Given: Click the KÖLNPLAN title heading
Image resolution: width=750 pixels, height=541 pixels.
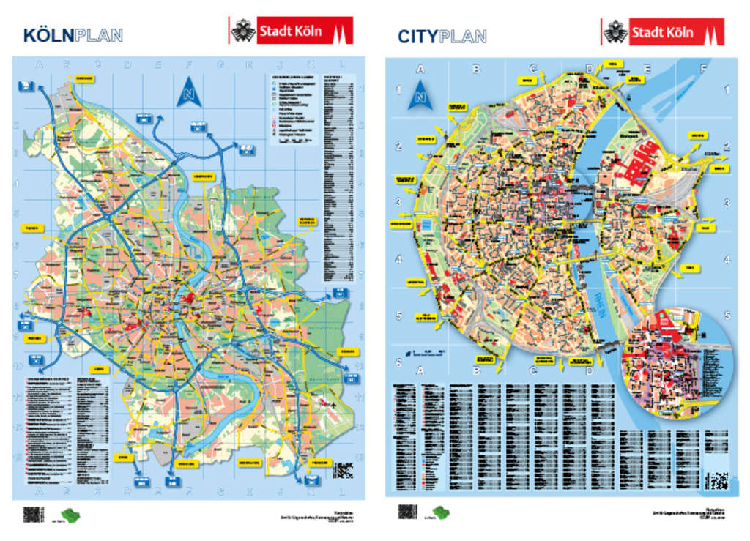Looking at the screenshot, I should (73, 34).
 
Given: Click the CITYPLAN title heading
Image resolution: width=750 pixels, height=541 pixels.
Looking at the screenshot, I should (442, 36).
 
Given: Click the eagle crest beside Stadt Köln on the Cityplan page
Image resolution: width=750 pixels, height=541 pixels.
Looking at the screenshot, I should (615, 31).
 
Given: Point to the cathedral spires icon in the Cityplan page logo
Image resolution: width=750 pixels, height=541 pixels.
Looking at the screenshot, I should (710, 32).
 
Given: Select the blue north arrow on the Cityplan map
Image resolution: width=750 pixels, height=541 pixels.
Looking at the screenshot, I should (420, 96).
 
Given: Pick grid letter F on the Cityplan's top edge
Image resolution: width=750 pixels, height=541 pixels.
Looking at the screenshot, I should (704, 70).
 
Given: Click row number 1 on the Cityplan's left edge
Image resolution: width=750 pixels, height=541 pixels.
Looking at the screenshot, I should (398, 91).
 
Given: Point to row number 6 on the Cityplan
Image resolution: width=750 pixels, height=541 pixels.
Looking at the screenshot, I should (398, 363).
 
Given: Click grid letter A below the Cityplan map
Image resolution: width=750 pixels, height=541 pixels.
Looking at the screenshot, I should (420, 371).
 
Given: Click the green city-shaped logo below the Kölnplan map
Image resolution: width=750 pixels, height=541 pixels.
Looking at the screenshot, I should (70, 515).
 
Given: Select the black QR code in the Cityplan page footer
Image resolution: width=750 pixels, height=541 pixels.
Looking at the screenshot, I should (407, 512).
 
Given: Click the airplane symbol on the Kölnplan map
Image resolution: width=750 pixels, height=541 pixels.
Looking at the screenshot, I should (335, 405).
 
